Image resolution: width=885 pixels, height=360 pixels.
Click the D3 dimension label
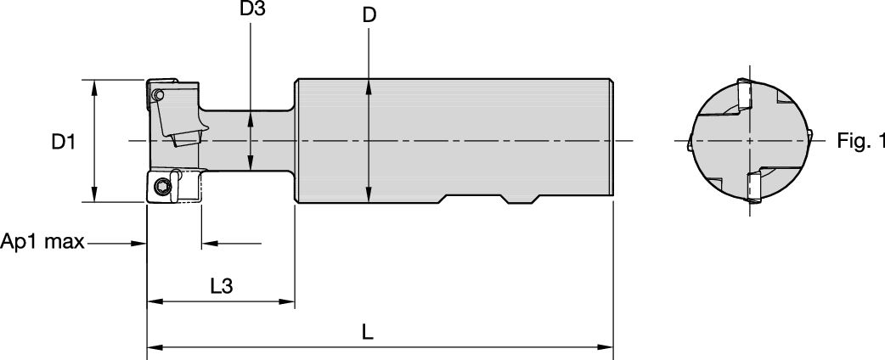point(251,11)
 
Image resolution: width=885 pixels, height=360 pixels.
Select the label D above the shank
point(369,15)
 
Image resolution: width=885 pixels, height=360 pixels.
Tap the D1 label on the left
point(61,143)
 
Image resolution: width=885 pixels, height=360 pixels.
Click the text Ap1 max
point(42,243)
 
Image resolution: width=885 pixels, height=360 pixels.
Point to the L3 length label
point(222,286)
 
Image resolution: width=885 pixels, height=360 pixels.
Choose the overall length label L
point(367,333)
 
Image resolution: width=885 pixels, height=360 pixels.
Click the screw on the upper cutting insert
point(159,95)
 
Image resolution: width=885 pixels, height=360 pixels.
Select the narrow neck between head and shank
point(251,140)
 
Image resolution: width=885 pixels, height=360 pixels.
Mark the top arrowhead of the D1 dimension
point(93,86)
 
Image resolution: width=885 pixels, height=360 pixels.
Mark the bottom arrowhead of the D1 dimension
point(93,197)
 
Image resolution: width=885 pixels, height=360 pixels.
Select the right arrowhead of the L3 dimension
point(288,301)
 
